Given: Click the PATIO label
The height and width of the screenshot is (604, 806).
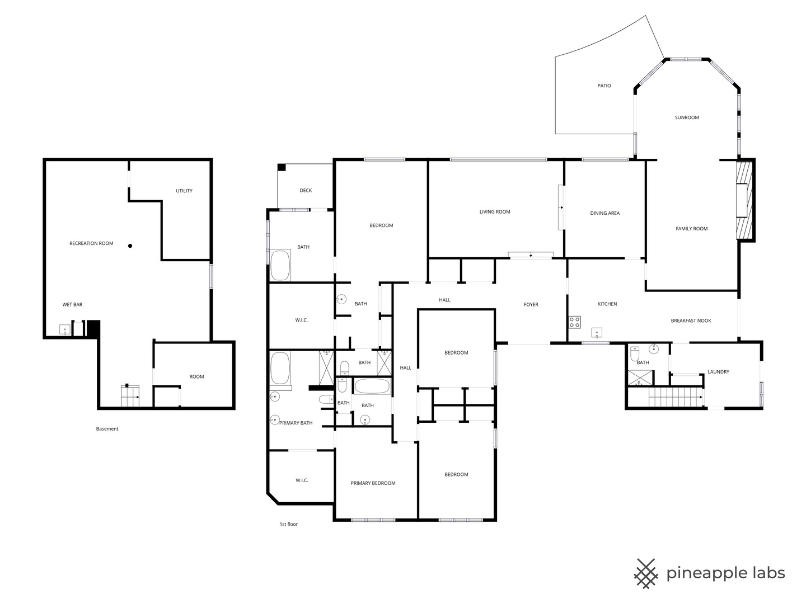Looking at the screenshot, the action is [x=604, y=86].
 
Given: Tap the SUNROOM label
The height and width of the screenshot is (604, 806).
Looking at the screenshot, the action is [x=687, y=117].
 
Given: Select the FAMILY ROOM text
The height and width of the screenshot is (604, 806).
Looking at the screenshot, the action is [x=691, y=229].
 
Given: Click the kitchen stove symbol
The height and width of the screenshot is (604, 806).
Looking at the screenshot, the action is [x=574, y=322].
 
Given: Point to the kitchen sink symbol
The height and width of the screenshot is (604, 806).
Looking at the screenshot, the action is [x=597, y=333].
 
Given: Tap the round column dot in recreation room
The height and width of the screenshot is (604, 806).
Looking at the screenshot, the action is [x=130, y=246].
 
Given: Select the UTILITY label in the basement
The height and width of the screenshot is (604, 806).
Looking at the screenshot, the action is [x=184, y=191].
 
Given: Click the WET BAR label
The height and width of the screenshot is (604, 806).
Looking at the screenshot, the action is [x=72, y=305].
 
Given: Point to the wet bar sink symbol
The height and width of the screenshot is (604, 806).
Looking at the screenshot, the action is [x=65, y=330].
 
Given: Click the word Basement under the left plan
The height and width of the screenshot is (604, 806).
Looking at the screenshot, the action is [x=107, y=429].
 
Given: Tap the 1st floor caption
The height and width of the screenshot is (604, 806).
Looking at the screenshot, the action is [x=289, y=524].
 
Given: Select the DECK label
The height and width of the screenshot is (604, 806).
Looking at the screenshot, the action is [x=306, y=191].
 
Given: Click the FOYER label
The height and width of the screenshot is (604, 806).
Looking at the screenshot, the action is [x=531, y=305].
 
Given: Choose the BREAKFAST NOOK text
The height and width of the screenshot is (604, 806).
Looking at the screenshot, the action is [x=691, y=321].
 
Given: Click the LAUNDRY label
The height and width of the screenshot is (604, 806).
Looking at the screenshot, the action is [x=718, y=372].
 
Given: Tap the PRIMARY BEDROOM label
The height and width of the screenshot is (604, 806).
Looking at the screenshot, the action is [x=373, y=483].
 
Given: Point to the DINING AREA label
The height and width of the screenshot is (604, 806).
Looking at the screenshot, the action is [x=604, y=214].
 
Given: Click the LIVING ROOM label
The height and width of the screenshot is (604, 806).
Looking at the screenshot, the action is [x=495, y=212].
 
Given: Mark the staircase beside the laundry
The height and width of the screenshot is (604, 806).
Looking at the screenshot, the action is [x=675, y=397].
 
